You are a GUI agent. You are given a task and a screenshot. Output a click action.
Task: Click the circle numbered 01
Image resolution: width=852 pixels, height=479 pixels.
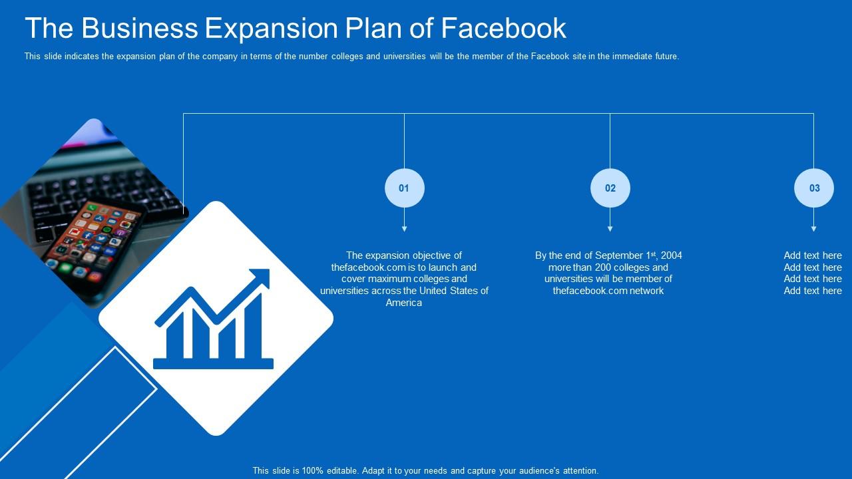coord(404,188)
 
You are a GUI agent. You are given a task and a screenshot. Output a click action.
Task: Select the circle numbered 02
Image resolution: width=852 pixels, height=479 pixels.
coord(610,188)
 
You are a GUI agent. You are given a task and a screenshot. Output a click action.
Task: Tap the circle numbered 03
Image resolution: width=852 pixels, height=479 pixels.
coord(814,188)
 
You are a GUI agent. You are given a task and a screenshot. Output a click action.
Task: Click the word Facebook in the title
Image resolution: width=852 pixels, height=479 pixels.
coord(503,29)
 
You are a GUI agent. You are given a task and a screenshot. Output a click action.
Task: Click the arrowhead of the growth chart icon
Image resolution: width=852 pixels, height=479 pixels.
coord(262,277)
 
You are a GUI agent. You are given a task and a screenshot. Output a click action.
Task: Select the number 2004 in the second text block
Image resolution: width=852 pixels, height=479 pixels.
coord(671,255)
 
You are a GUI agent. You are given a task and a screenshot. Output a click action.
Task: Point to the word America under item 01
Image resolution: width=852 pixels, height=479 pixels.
coord(404,303)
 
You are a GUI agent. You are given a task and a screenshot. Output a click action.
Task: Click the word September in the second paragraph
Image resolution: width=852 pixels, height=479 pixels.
coord(618,255)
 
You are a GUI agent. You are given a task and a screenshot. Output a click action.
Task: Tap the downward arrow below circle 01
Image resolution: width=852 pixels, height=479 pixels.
coord(404,228)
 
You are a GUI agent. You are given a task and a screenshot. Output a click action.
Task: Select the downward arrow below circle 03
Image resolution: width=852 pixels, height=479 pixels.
coord(813,228)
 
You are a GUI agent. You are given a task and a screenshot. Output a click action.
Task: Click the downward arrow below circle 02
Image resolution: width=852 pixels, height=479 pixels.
coord(610,228)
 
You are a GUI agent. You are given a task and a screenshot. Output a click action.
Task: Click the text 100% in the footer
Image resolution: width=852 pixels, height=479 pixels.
coord(313,470)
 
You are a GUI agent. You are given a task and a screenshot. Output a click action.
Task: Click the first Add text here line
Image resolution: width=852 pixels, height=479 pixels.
coord(813,255)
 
